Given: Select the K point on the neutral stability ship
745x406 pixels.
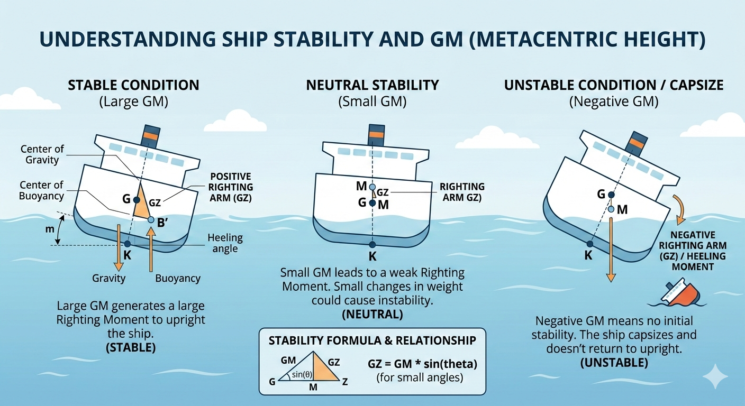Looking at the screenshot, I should (373, 244).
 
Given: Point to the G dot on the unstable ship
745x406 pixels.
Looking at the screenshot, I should (612, 195).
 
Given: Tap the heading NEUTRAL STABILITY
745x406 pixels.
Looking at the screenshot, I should (372, 85).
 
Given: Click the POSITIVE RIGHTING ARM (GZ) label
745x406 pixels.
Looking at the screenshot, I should (231, 187).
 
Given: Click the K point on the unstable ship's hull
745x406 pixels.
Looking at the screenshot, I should (589, 243).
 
